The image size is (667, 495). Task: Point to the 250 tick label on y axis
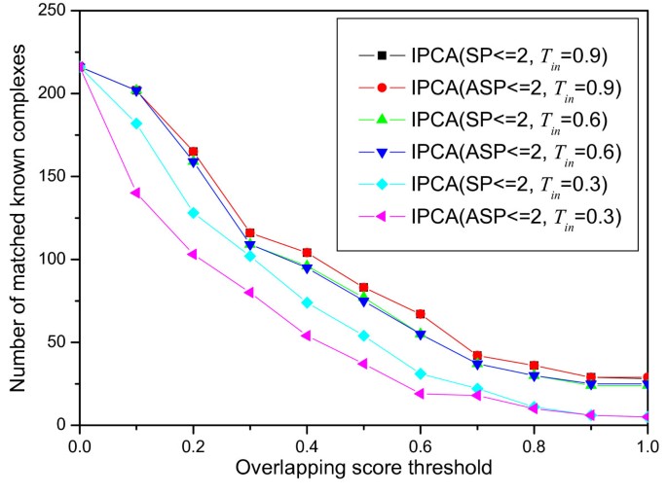point(54,11)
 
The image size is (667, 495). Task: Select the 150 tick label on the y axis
point(54,177)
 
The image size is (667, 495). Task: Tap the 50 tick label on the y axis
point(57,342)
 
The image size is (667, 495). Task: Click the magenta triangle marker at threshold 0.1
point(136,193)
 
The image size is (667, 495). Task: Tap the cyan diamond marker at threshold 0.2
point(194,213)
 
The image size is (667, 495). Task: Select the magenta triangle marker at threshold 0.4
point(308,336)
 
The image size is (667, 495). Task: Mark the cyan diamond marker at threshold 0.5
point(364,336)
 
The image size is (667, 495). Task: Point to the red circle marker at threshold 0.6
point(421,314)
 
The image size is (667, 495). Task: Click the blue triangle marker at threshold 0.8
point(535,375)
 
